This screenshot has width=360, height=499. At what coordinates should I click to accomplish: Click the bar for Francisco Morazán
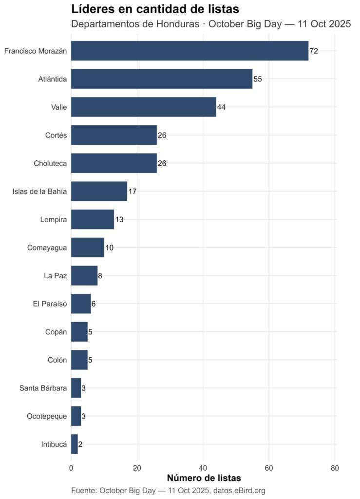click(189, 51)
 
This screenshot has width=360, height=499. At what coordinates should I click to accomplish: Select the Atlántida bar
click(162, 79)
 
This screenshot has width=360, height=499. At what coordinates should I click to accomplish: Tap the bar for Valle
click(143, 107)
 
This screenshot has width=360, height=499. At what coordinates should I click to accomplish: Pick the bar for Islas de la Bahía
click(99, 191)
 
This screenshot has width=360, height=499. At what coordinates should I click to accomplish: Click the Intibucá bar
click(75, 444)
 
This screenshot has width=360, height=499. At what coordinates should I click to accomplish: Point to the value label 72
click(314, 51)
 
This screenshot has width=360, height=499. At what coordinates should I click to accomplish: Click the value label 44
click(221, 107)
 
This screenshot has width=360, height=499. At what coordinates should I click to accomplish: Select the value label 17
click(132, 192)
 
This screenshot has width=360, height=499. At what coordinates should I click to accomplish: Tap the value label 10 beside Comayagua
click(109, 248)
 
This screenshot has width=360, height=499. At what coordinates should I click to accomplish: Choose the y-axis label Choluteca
click(51, 163)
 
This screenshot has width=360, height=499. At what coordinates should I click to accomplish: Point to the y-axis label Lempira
click(54, 219)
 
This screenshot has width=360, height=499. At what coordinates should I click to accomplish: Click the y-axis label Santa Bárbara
click(43, 388)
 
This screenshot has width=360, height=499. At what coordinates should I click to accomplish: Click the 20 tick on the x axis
click(137, 468)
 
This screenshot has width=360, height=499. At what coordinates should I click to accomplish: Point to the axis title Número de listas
click(204, 478)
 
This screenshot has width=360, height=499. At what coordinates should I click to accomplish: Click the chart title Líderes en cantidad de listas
click(155, 9)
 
